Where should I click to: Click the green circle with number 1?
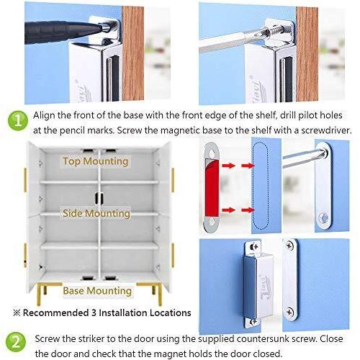point(16,120)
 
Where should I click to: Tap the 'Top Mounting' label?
point(96,161)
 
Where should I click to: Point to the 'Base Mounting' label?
point(97,291)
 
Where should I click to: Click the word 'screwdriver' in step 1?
point(320,130)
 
